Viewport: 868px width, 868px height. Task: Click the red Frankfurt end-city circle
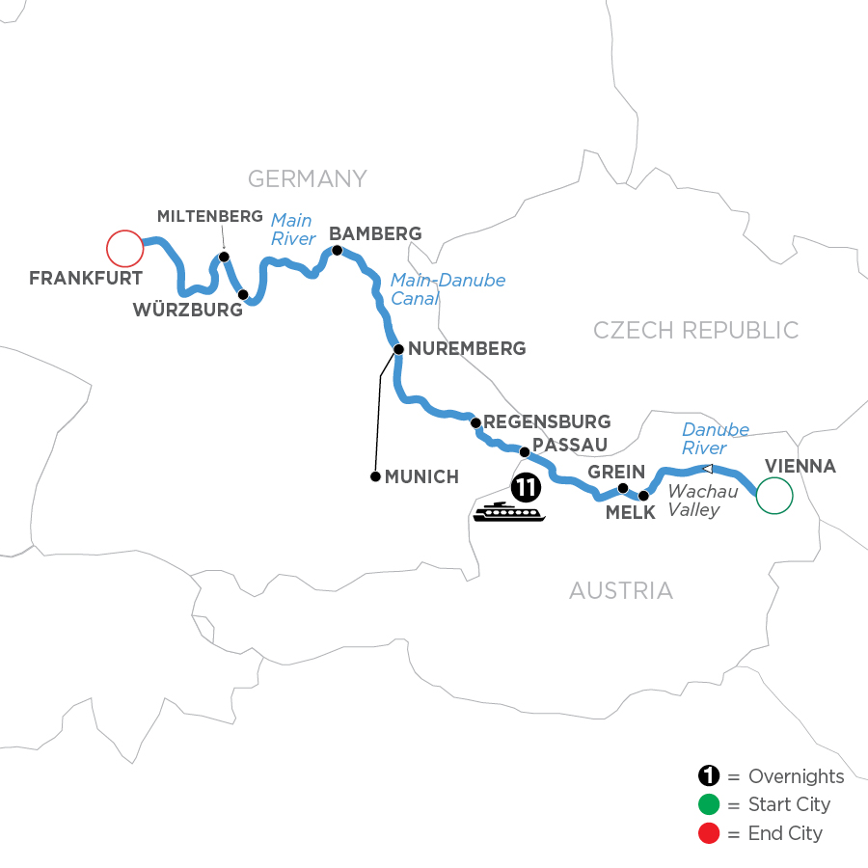click(124, 249)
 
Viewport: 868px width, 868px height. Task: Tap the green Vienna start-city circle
click(773, 496)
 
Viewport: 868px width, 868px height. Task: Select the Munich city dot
click(374, 476)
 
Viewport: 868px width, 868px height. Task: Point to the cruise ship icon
click(509, 512)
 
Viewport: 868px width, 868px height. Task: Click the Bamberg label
click(375, 233)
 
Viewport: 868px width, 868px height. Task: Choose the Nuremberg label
click(467, 348)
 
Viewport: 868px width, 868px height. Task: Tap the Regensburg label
click(547, 421)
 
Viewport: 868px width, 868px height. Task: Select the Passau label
click(570, 445)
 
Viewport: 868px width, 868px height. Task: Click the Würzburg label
click(189, 311)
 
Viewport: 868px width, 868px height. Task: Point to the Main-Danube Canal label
click(448, 289)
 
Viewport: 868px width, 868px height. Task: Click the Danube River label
click(715, 439)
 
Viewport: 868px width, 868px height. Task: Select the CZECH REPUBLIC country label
click(695, 331)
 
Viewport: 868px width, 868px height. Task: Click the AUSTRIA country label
click(620, 590)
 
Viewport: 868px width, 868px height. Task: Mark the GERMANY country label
click(308, 178)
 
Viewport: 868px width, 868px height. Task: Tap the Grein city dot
click(623, 488)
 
